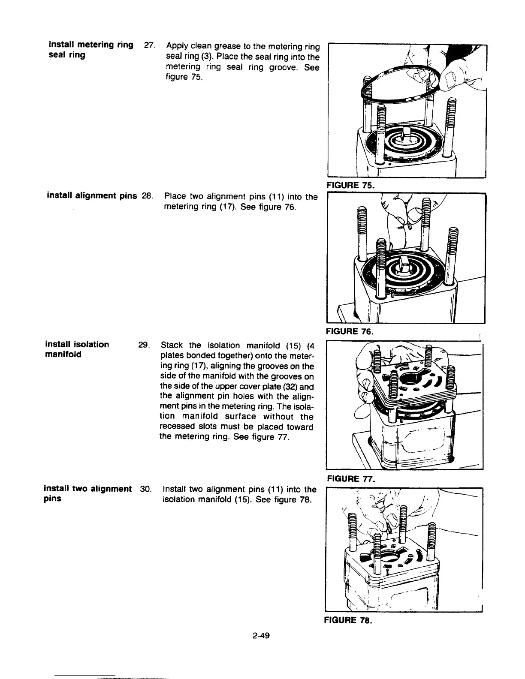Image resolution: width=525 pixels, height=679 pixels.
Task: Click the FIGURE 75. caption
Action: coord(350,185)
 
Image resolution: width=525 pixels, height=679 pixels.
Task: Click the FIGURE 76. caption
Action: coord(350,331)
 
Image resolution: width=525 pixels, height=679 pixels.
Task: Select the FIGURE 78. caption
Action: coord(350,620)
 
